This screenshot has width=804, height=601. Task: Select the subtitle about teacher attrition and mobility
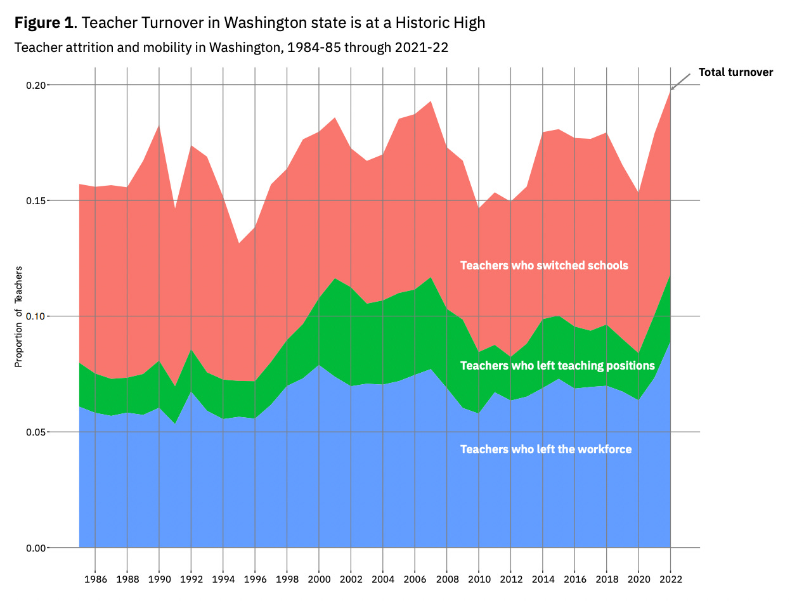[x=231, y=48]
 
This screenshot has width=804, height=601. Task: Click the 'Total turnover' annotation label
[x=736, y=72]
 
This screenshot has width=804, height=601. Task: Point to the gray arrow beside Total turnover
[x=681, y=81]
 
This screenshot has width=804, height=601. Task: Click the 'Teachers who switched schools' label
[x=544, y=266]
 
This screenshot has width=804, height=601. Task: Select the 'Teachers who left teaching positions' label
[x=557, y=366]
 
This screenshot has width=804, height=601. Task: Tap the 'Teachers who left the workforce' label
[x=546, y=449]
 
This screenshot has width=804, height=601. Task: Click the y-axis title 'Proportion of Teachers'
[x=18, y=316]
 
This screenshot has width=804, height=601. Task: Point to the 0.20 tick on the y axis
[x=37, y=85]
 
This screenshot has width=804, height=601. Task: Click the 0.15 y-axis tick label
[x=37, y=201]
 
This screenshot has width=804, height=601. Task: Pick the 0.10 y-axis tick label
[x=37, y=316]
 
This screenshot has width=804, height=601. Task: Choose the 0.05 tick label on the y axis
[x=37, y=432]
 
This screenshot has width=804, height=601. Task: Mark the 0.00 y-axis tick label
[x=37, y=548]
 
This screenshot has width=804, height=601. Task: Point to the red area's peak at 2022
[x=670, y=91]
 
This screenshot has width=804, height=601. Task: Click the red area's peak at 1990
[x=159, y=126]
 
